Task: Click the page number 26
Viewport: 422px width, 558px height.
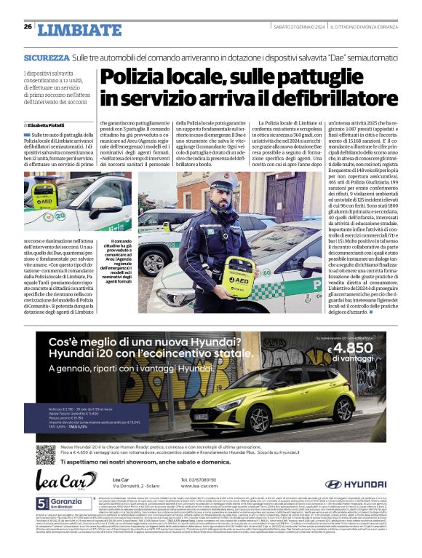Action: point(28,27)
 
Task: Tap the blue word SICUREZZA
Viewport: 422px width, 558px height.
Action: point(47,57)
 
